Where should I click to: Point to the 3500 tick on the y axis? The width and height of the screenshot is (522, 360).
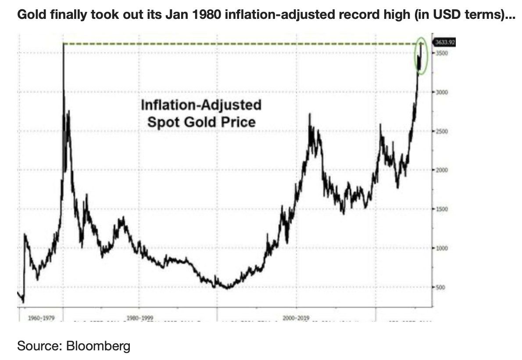[441, 53]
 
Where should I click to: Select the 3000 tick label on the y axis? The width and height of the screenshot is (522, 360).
[441, 92]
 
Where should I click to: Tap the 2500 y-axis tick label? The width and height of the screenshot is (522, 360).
[441, 131]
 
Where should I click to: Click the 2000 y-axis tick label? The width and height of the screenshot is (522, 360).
[441, 170]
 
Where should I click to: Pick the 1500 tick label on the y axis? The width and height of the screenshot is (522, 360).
[441, 209]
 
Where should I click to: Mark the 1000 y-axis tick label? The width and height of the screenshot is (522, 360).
[441, 248]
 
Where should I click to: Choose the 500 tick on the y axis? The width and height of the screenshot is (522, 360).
[440, 288]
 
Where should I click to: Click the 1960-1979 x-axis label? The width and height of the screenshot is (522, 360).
[40, 317]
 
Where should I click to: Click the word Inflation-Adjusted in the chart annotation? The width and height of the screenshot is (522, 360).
[200, 105]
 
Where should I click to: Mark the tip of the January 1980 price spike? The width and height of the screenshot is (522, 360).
[63, 44]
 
